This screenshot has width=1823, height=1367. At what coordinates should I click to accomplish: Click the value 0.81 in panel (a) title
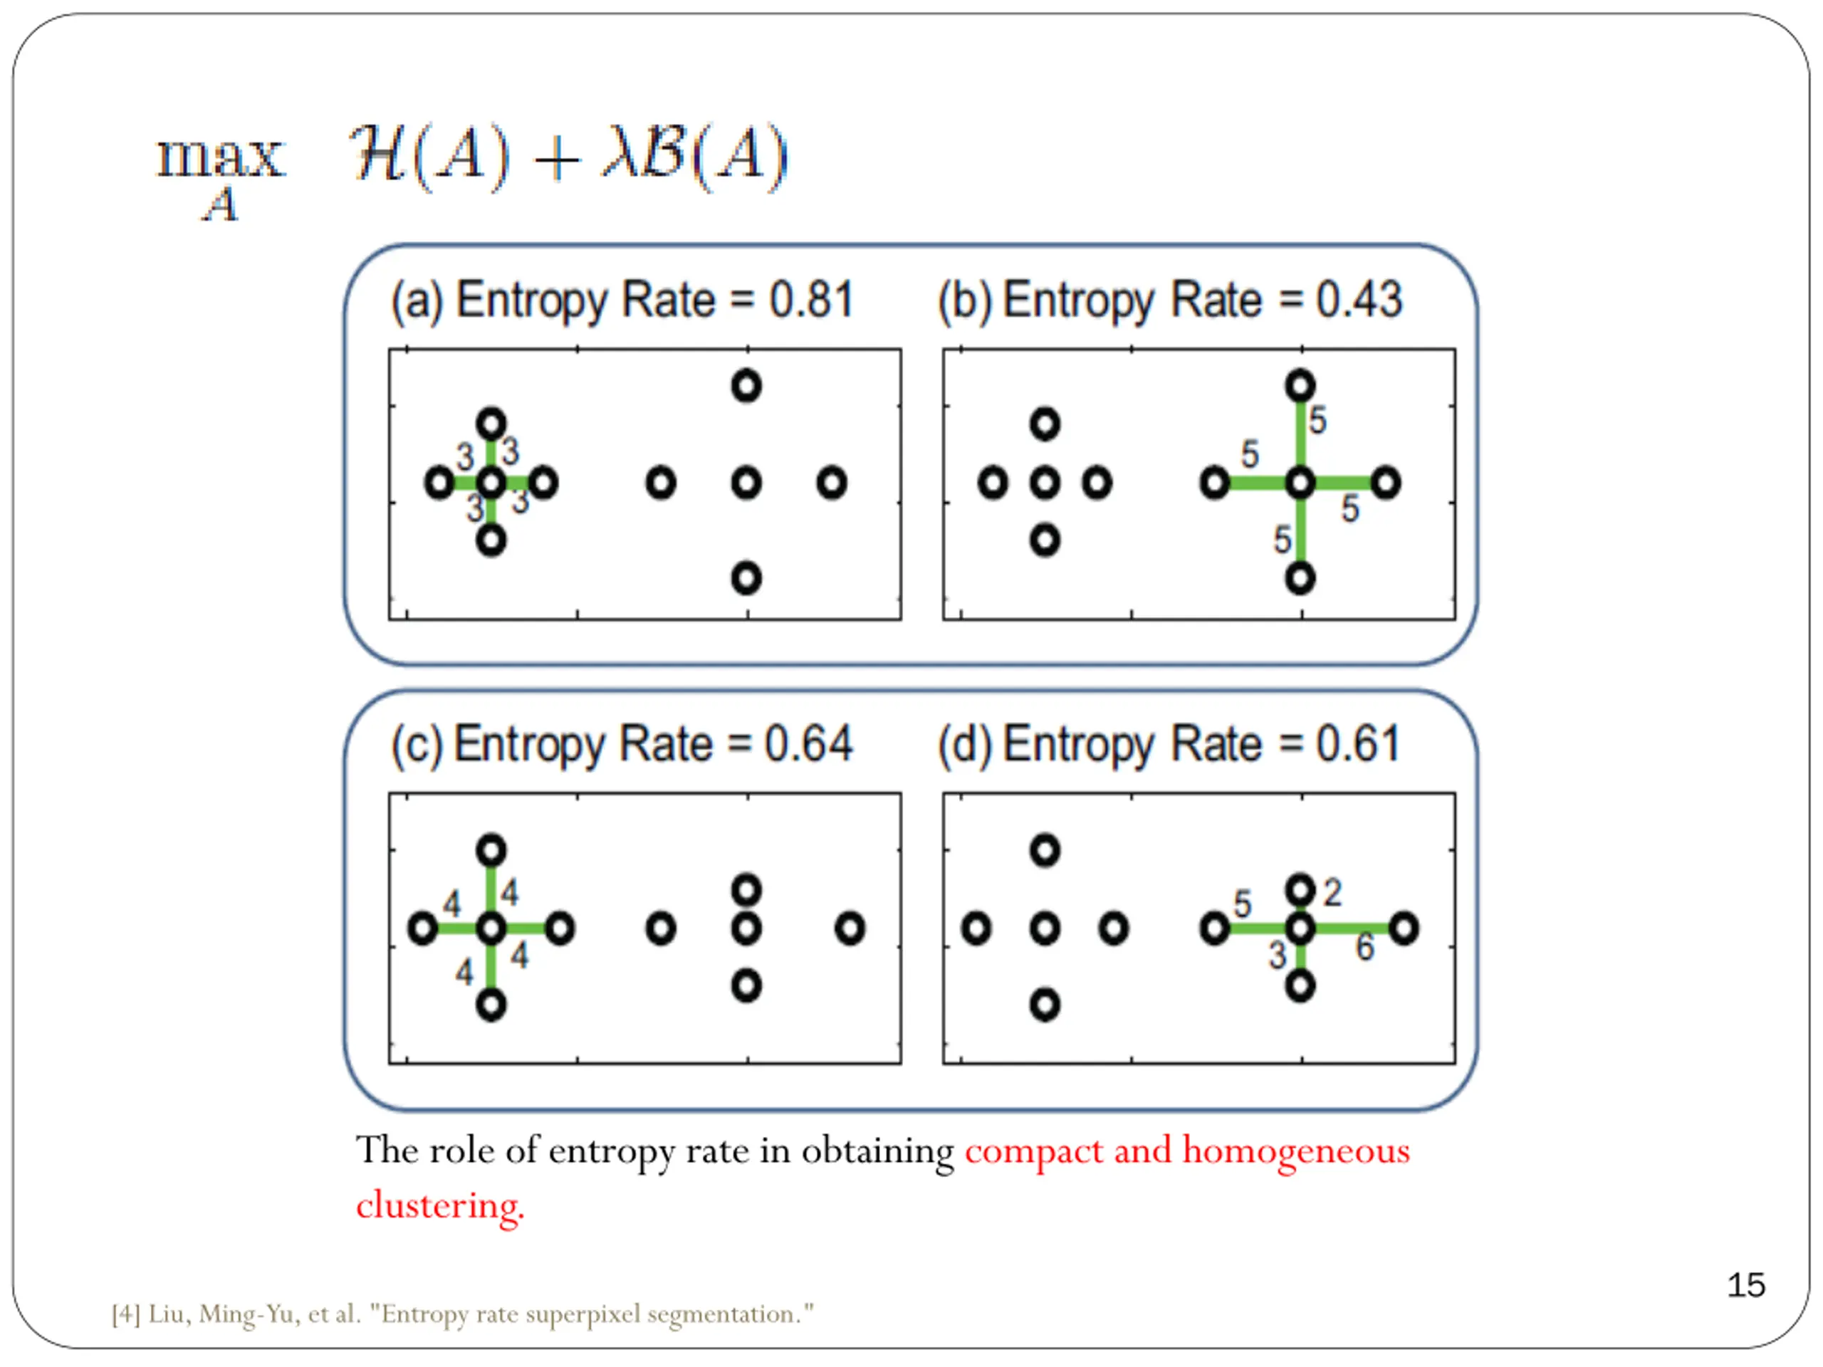811,299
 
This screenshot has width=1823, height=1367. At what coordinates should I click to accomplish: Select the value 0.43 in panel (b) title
1359,299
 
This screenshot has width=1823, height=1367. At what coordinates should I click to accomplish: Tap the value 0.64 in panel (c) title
808,744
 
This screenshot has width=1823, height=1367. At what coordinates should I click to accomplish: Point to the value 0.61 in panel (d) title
1358,744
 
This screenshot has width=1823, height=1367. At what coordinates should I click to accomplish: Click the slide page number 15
1745,1285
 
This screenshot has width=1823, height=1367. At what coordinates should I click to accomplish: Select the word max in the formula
221,157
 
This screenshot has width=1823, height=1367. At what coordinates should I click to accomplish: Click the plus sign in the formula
556,158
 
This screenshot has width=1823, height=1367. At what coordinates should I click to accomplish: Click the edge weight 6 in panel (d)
1365,947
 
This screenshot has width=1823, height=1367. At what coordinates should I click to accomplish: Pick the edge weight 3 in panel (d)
1278,955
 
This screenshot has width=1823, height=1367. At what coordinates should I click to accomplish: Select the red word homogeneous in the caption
1296,1151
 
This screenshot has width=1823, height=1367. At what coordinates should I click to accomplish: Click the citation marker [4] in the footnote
126,1314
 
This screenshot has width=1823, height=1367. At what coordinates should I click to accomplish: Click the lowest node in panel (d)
1045,1005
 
